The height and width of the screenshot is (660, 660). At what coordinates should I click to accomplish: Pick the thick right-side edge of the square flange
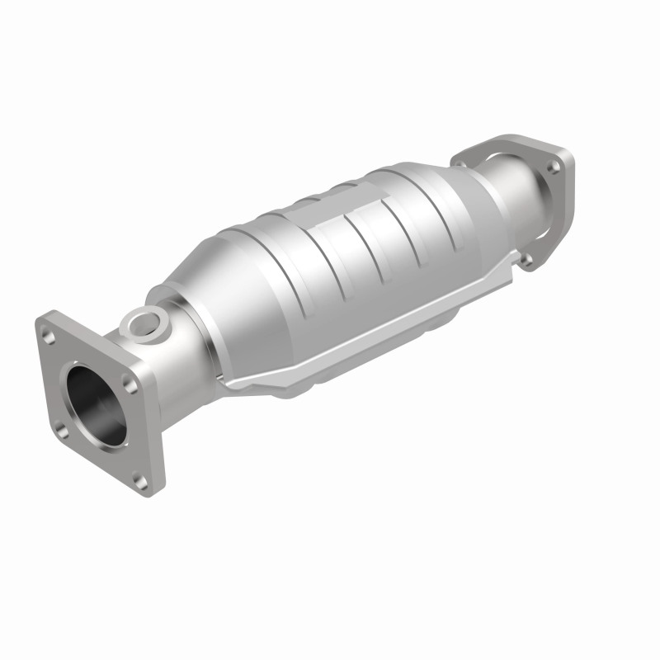pos(157,429)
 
